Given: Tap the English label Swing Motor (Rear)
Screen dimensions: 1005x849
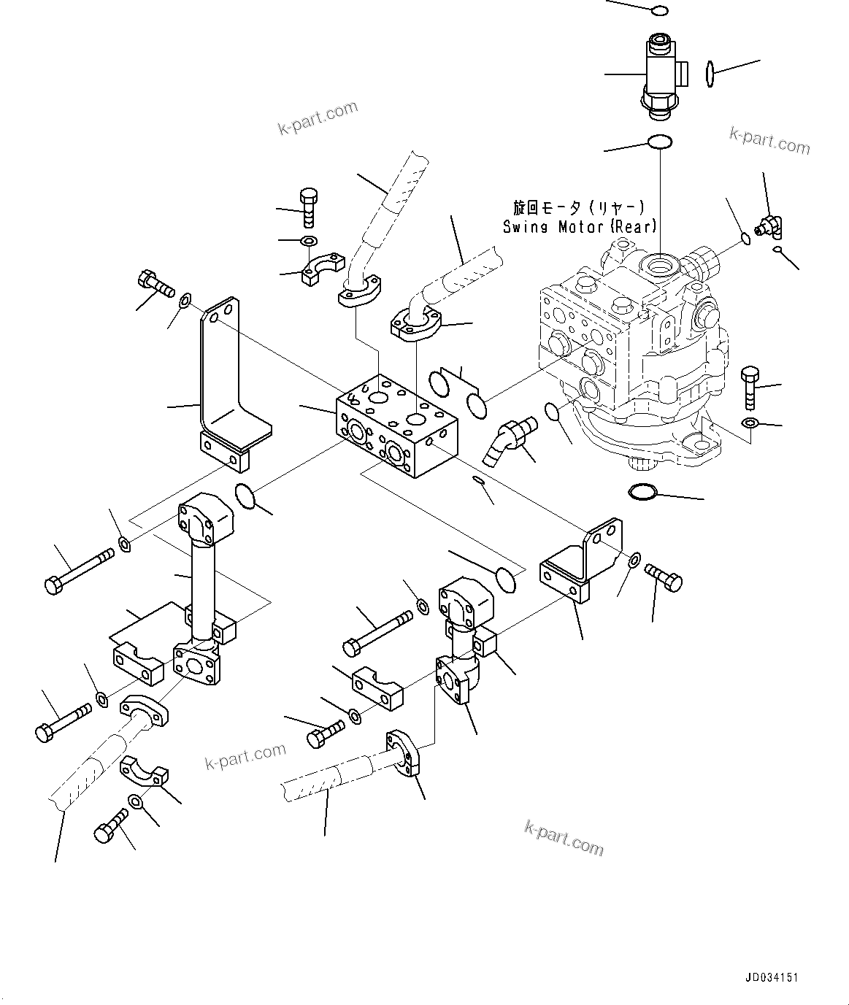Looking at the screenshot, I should tap(580, 227).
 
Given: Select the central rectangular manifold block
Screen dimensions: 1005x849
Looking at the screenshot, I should tap(396, 427).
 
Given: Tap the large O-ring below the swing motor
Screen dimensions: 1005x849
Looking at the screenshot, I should tap(643, 493).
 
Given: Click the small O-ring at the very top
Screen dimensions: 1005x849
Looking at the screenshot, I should tap(658, 10).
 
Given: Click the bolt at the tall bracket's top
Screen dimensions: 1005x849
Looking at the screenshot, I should tap(154, 284).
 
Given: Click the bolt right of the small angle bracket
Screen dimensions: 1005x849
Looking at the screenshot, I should tap(664, 579).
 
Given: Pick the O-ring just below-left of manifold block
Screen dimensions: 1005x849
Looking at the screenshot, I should tap(245, 497).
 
